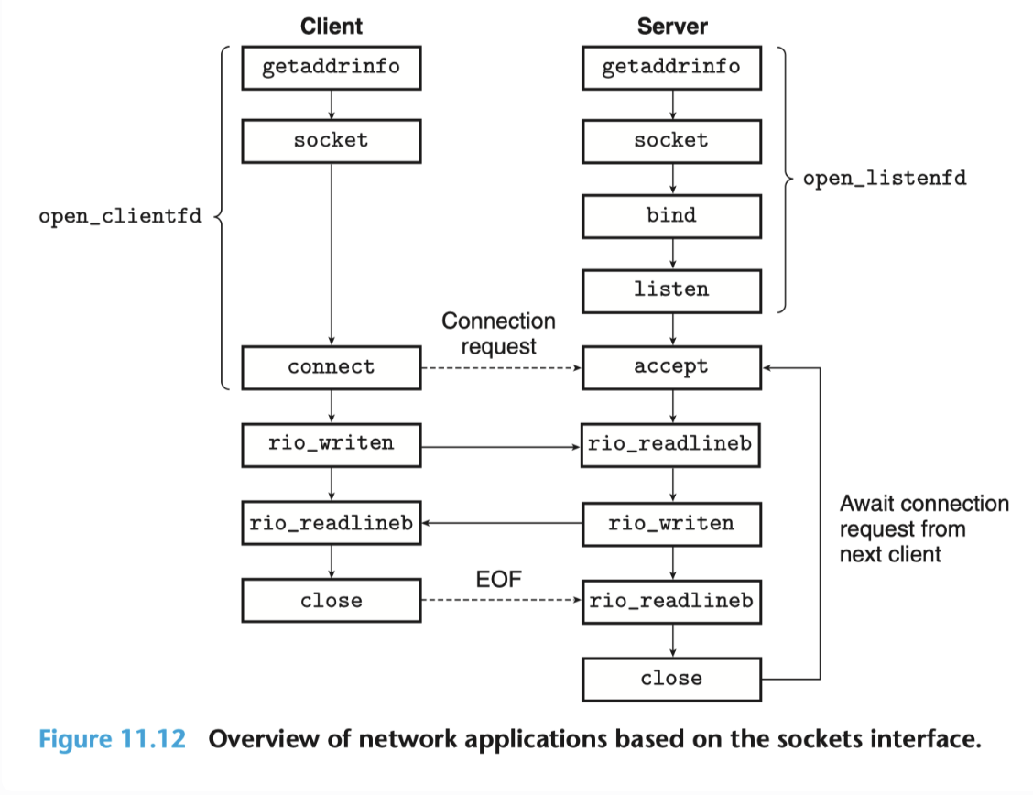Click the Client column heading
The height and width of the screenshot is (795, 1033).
click(x=332, y=27)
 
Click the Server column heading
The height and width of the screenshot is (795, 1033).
click(x=672, y=27)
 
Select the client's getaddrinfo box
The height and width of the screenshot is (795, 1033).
click(x=332, y=68)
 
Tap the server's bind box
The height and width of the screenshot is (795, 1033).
click(x=672, y=216)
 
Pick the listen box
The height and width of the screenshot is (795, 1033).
click(x=672, y=290)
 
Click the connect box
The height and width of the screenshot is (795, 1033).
click(x=332, y=367)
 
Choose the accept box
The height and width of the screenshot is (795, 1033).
click(x=672, y=367)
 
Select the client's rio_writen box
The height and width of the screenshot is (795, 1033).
click(x=332, y=445)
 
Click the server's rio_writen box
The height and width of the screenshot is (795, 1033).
click(x=672, y=524)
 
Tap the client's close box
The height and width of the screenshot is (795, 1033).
click(x=332, y=600)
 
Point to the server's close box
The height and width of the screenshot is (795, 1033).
click(x=672, y=679)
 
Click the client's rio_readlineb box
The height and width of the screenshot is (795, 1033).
click(x=332, y=523)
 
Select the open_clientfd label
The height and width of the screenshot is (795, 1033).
click(x=121, y=217)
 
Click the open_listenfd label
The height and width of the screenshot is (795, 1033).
click(x=885, y=179)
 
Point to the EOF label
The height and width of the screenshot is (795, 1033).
click(x=499, y=580)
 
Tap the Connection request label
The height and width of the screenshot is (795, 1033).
click(x=499, y=333)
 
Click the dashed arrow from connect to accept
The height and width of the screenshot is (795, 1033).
click(x=501, y=367)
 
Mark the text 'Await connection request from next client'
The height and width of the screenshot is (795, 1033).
click(x=924, y=528)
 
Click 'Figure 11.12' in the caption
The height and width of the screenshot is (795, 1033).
click(x=112, y=739)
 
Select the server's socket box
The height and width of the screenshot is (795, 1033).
click(x=672, y=142)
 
